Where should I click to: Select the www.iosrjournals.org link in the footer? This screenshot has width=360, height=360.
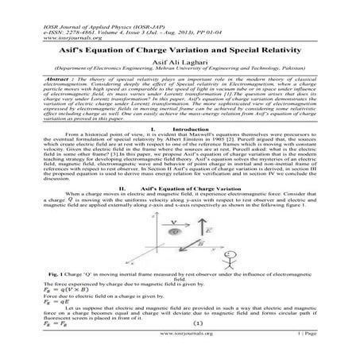[180, 337]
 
